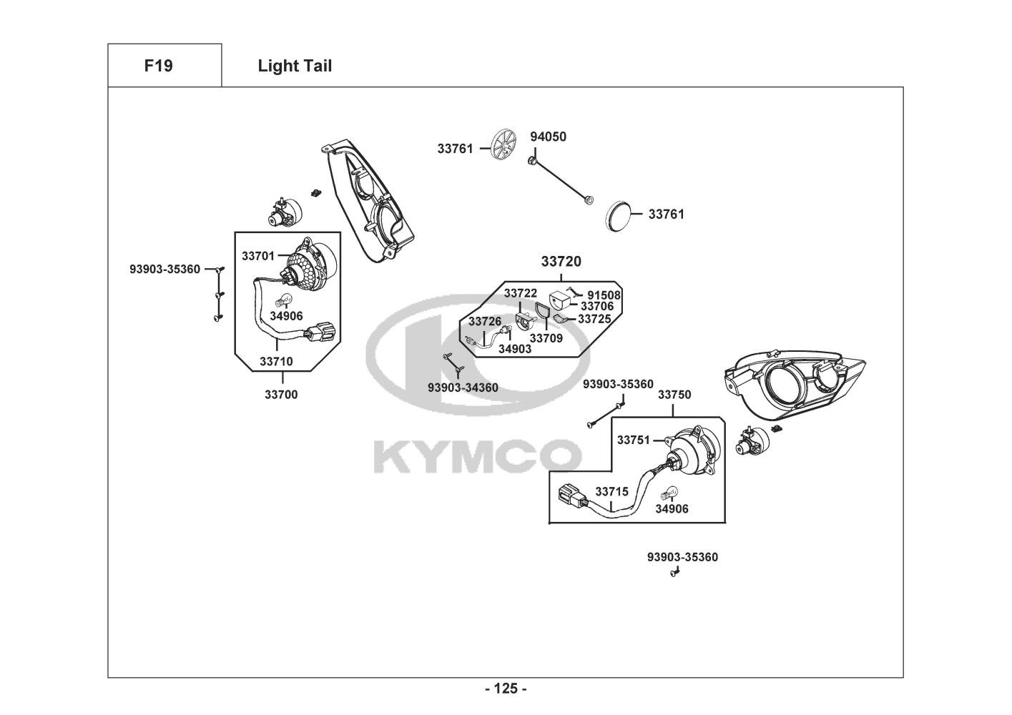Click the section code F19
pos(158,66)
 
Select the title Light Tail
pos(295,66)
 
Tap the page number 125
pos(506,689)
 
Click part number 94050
pos(548,137)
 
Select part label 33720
pos(561,262)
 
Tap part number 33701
pos(258,255)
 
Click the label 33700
pos(281,394)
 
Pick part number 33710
pos(275,362)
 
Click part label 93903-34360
pos(463,388)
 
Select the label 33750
pos(674,395)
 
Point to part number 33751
pos(633,440)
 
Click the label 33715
pos(611,492)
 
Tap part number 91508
pos(604,295)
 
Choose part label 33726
pos(485,322)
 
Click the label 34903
pos(515,348)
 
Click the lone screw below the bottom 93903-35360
pos(674,573)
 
